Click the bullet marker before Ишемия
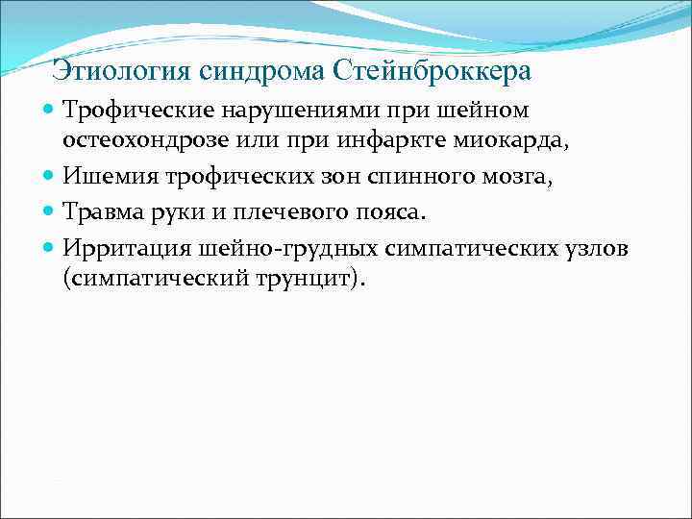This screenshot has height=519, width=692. pos(50,176)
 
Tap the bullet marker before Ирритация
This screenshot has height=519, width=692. pos(50,249)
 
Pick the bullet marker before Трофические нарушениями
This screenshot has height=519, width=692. pos(50,112)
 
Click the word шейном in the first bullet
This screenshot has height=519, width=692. pos(488,112)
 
